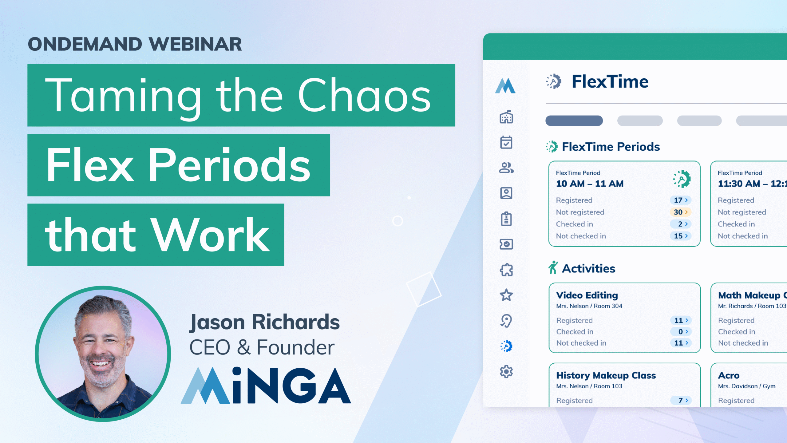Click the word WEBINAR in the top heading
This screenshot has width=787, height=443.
coord(196,44)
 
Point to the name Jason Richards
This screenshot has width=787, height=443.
coord(264,322)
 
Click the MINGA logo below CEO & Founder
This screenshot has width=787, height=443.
coord(266,386)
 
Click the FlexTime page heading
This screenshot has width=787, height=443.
coord(610,81)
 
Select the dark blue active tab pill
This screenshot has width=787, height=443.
coord(574,121)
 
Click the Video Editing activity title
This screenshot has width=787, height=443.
coord(587,295)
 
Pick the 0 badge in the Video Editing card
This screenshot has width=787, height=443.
coord(681,331)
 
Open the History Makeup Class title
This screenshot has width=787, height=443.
coord(606,375)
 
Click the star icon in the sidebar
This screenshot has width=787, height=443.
coord(506,295)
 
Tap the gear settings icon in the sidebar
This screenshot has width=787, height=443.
coord(506,372)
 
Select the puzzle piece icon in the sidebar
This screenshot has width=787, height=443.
coord(506,270)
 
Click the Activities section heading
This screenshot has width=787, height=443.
coord(588,268)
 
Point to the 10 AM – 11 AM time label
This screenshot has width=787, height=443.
coord(590,184)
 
